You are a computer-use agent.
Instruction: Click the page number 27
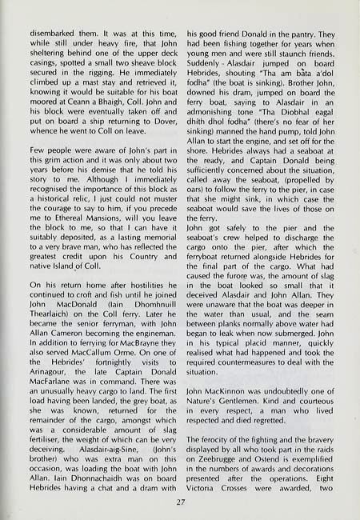tap(180, 502)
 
